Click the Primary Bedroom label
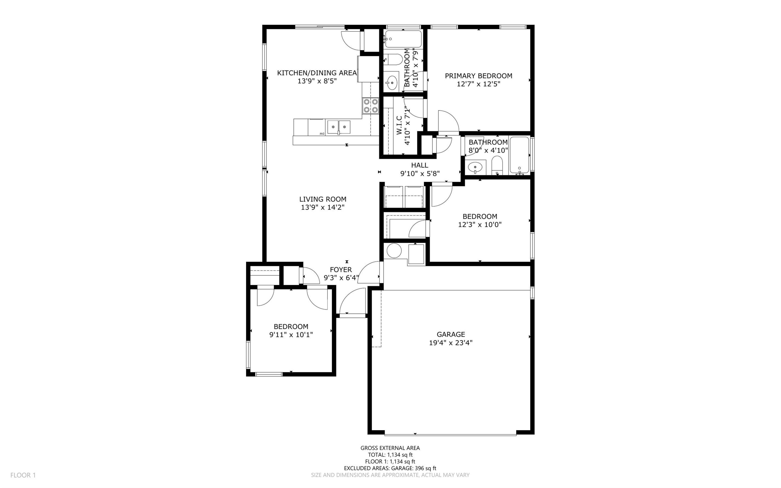coord(478,76)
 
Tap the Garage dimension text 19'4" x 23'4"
coord(451,343)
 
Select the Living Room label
coord(323,199)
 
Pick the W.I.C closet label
coord(399,126)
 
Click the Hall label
coord(420,165)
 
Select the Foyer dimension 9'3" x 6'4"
coord(341,278)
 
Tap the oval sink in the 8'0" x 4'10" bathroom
coord(475,167)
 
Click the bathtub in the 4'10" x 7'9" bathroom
coord(403,39)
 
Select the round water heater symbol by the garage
coord(394,251)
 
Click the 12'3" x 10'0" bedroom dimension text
coord(480,225)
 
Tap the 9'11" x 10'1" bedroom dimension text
coord(291,335)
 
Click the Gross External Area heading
coord(390,448)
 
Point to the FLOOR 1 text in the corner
coord(23,475)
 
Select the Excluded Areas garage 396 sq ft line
coord(390,468)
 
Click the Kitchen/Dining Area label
coord(317,73)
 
